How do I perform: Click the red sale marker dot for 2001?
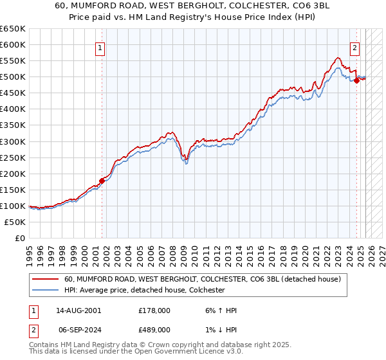(x=102, y=181)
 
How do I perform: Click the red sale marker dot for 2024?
(x=356, y=80)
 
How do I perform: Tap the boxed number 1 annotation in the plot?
(x=101, y=47)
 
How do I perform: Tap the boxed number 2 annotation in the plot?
(x=354, y=47)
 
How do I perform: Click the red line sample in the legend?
(x=46, y=280)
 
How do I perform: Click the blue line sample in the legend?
(x=46, y=291)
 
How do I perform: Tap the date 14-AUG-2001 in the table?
(x=79, y=310)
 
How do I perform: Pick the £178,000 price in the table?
(x=154, y=310)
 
